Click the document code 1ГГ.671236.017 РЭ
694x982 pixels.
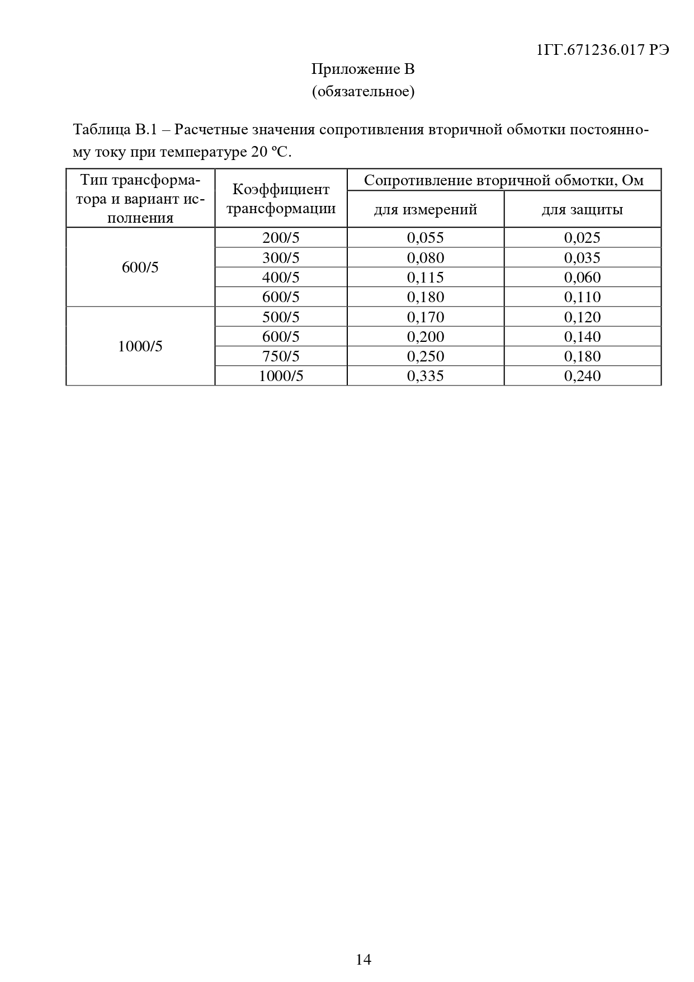pyautogui.click(x=603, y=50)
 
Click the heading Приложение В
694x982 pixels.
pyautogui.click(x=362, y=69)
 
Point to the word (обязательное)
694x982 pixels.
pyautogui.click(x=363, y=91)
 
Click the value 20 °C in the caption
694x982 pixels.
pyautogui.click(x=271, y=152)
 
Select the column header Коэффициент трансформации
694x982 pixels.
pyautogui.click(x=281, y=199)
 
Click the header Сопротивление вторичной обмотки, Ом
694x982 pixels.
pyautogui.click(x=503, y=180)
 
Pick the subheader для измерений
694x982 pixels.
pyautogui.click(x=425, y=210)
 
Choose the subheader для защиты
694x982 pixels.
pyautogui.click(x=582, y=210)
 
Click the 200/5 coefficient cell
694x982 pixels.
pyautogui.click(x=281, y=238)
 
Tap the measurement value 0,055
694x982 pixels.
pyautogui.click(x=425, y=238)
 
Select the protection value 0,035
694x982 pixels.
pyautogui.click(x=582, y=258)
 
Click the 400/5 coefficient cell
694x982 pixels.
pyautogui.click(x=281, y=278)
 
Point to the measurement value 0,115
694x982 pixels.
pyautogui.click(x=425, y=278)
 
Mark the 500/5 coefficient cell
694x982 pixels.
pyautogui.click(x=281, y=317)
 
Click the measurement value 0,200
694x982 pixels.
pyautogui.click(x=425, y=337)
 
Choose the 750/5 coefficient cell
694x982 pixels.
pyautogui.click(x=281, y=356)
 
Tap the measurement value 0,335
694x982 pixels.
pyautogui.click(x=425, y=376)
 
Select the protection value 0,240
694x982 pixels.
pyautogui.click(x=582, y=376)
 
